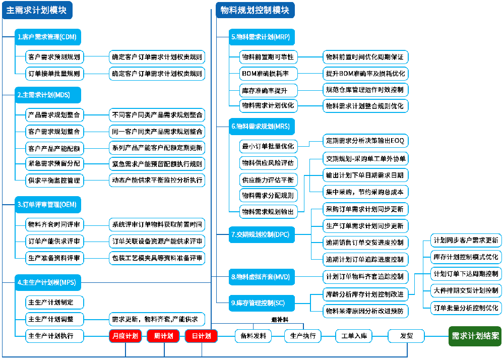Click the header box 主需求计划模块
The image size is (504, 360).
click(x=37, y=10)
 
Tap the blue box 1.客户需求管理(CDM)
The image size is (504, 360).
click(x=48, y=37)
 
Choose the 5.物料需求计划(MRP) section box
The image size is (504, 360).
click(x=261, y=37)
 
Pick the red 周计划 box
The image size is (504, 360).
click(x=163, y=336)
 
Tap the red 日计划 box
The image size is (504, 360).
click(x=201, y=336)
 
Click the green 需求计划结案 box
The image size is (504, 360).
click(x=475, y=336)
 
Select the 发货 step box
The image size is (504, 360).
click(x=406, y=336)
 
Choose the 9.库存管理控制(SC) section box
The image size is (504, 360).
click(x=258, y=303)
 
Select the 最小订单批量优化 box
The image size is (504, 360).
click(x=268, y=146)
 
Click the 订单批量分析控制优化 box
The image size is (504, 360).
click(x=466, y=307)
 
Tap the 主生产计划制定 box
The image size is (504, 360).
click(x=54, y=303)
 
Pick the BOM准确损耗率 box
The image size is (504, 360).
click(x=269, y=74)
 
